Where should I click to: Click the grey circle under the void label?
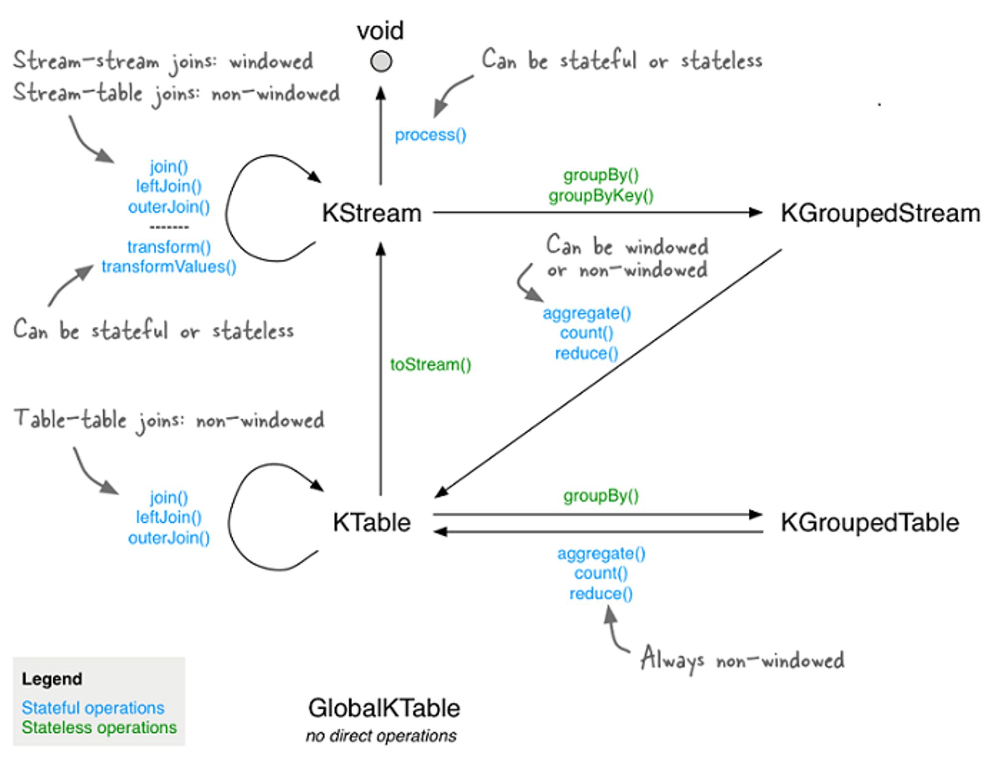pos(381,62)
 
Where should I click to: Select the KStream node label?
pos(372,213)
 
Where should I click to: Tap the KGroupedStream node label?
pos(881,213)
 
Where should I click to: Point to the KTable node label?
pos(372,522)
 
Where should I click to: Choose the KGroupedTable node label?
pos(870,523)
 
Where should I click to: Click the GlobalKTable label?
pos(384,708)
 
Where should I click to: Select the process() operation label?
pos(430,135)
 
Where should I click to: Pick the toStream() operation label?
pos(430,365)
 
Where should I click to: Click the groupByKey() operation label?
pos(601,196)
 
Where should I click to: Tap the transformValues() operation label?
pos(169,267)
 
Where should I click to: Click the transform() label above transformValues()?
pos(169,247)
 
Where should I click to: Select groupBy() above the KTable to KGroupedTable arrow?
pos(601,496)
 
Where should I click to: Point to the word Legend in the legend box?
pos(52,679)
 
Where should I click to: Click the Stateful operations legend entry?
pos(93,708)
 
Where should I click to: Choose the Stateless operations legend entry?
pos(99,727)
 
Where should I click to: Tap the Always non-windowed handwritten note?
pos(742,660)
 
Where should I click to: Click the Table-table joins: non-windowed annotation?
pos(169,420)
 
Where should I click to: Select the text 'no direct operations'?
pos(381,736)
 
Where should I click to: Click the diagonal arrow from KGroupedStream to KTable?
pos(608,374)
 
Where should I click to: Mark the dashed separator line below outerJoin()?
pos(169,227)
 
